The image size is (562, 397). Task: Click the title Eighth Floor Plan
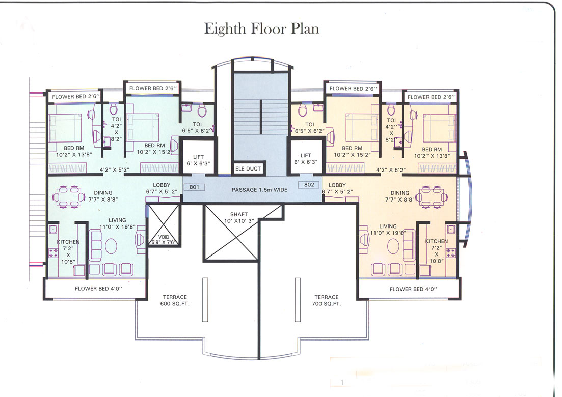pyautogui.click(x=261, y=29)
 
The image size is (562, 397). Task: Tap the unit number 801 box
pyautogui.click(x=194, y=187)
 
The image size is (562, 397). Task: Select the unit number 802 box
pyautogui.click(x=309, y=185)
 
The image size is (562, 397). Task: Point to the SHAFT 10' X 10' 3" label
pyautogui.click(x=238, y=218)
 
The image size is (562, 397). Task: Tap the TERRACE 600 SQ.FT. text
pyautogui.click(x=175, y=300)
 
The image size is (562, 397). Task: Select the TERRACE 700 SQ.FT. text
pyautogui.click(x=326, y=300)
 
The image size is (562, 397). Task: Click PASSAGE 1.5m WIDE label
pyautogui.click(x=259, y=190)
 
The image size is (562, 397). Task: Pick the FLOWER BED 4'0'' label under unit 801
pyautogui.click(x=95, y=289)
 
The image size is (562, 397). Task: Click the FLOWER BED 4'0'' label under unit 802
pyautogui.click(x=413, y=289)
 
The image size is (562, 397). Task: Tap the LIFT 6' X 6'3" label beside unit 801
pyautogui.click(x=198, y=159)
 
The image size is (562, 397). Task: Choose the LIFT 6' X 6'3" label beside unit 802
pyautogui.click(x=306, y=159)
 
